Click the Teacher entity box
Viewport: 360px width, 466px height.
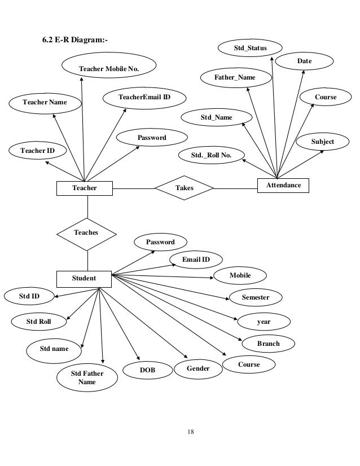coord(85,188)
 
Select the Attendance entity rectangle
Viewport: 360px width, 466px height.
coord(283,186)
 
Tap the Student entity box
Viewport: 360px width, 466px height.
coord(84,279)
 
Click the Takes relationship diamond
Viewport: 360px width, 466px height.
coord(185,188)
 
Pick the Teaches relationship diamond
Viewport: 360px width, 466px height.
coord(86,234)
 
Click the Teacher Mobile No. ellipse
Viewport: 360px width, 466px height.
coord(109,65)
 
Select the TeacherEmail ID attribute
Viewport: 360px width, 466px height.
coord(144,98)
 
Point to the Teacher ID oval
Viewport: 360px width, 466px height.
coord(37,151)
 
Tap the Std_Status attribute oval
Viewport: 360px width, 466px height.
coord(250,48)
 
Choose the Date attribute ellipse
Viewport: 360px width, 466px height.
coord(304,61)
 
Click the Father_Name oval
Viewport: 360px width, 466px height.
coord(236,77)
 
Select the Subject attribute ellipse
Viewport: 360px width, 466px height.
coord(323,142)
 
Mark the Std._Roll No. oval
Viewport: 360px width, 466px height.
coord(212,155)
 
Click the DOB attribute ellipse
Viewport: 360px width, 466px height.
coord(147,370)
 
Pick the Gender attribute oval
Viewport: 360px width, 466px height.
coord(198,368)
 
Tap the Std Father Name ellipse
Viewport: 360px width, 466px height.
coord(87,377)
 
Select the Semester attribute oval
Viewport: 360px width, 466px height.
coord(256,297)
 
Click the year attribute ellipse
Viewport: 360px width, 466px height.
coord(264,322)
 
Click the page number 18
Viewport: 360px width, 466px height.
coord(191,432)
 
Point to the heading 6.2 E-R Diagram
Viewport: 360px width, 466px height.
coord(75,40)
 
